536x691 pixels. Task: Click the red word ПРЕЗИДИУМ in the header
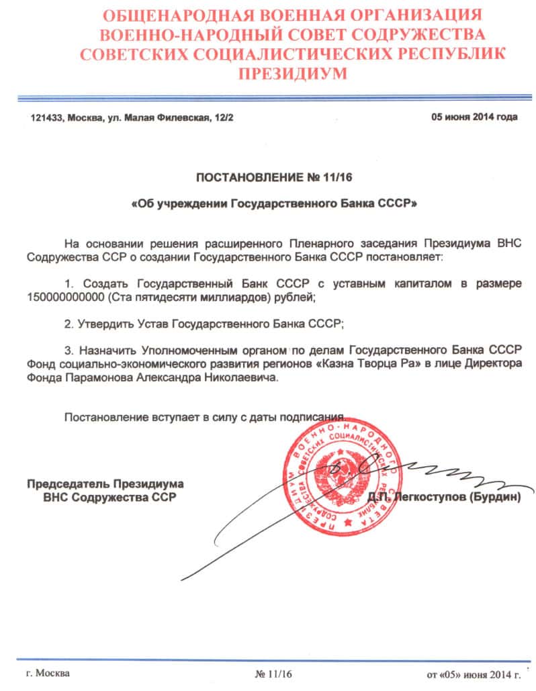pos(268,73)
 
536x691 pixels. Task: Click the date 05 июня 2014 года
pos(474,117)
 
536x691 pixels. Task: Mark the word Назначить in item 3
pos(105,350)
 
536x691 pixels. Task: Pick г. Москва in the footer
pos(47,673)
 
